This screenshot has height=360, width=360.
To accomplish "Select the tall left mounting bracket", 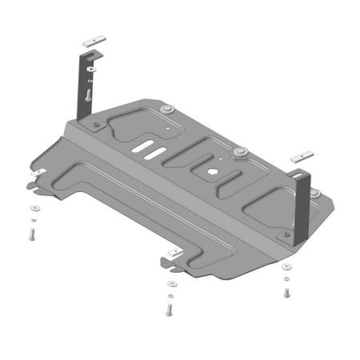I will coord(85,88).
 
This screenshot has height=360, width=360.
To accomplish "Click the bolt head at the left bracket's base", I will coord(94,125).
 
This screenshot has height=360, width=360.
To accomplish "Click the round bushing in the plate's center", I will coord(238,150).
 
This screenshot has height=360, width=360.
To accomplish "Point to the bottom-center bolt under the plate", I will coord(170,307).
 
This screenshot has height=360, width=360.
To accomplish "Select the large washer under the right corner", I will coord(285,277).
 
